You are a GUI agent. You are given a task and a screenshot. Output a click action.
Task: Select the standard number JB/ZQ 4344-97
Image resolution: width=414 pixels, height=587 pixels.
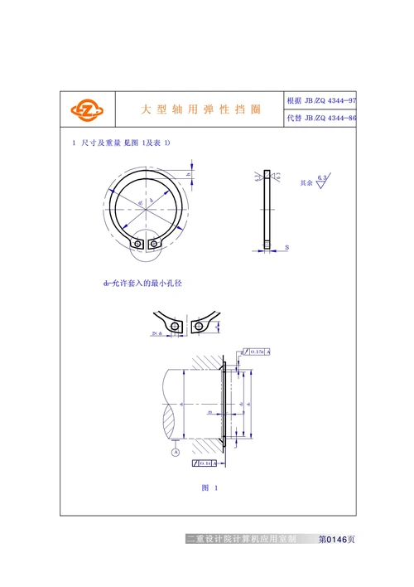coord(321,100)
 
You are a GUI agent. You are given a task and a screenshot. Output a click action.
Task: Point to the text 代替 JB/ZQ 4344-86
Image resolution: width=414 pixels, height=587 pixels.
coord(321,119)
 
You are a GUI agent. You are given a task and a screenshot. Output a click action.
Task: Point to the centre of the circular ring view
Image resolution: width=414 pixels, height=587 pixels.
coord(146,206)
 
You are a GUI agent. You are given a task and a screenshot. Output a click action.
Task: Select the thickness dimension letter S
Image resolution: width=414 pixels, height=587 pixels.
coord(286,248)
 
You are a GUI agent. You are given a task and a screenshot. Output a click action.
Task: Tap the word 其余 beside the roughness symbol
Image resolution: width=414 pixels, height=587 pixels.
coord(306,182)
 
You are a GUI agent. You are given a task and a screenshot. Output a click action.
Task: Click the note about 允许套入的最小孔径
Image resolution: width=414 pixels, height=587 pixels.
coord(142,284)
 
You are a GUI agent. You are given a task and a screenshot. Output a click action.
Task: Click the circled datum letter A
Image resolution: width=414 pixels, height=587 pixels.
coord(176,453)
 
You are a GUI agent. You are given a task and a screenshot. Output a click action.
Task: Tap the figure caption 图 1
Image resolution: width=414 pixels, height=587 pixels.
coord(209,488)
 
